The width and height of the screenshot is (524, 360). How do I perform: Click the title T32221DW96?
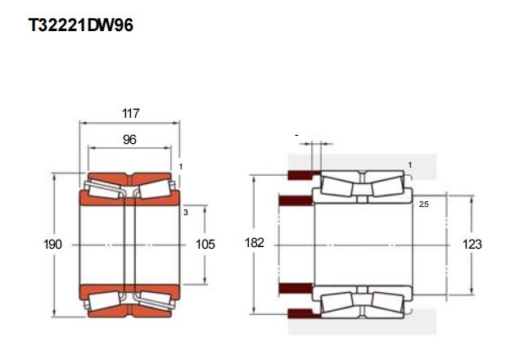click(x=81, y=25)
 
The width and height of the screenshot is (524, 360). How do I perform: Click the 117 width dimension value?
click(x=131, y=114)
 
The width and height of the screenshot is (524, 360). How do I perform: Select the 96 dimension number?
click(x=129, y=140)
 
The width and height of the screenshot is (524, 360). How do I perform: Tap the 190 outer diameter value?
click(x=52, y=245)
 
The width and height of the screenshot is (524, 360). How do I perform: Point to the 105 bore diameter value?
click(x=206, y=245)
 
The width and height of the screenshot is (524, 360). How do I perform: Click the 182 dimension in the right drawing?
click(x=255, y=243)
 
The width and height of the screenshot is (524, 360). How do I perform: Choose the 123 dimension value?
click(x=472, y=245)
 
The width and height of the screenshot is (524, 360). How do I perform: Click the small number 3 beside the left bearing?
click(x=186, y=213)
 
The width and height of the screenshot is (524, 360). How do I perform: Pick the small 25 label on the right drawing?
click(x=424, y=204)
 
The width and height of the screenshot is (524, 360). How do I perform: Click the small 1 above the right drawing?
click(x=410, y=165)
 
